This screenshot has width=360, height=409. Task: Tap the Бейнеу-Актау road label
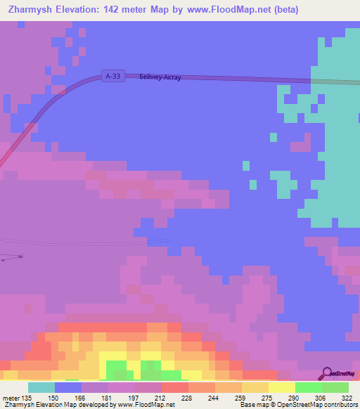pos(160,77)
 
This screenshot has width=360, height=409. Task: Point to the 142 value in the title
pos(128,10)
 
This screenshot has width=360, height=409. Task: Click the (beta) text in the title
pos(286,10)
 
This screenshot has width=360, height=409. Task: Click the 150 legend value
pos(54,397)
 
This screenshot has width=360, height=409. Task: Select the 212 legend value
pos(161,397)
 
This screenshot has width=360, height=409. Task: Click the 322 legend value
pos(348,397)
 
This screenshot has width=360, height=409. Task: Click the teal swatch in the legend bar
pos(41,387)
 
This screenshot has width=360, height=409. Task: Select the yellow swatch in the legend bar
pos(281,387)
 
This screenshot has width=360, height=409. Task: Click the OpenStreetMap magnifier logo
pos(328,374)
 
